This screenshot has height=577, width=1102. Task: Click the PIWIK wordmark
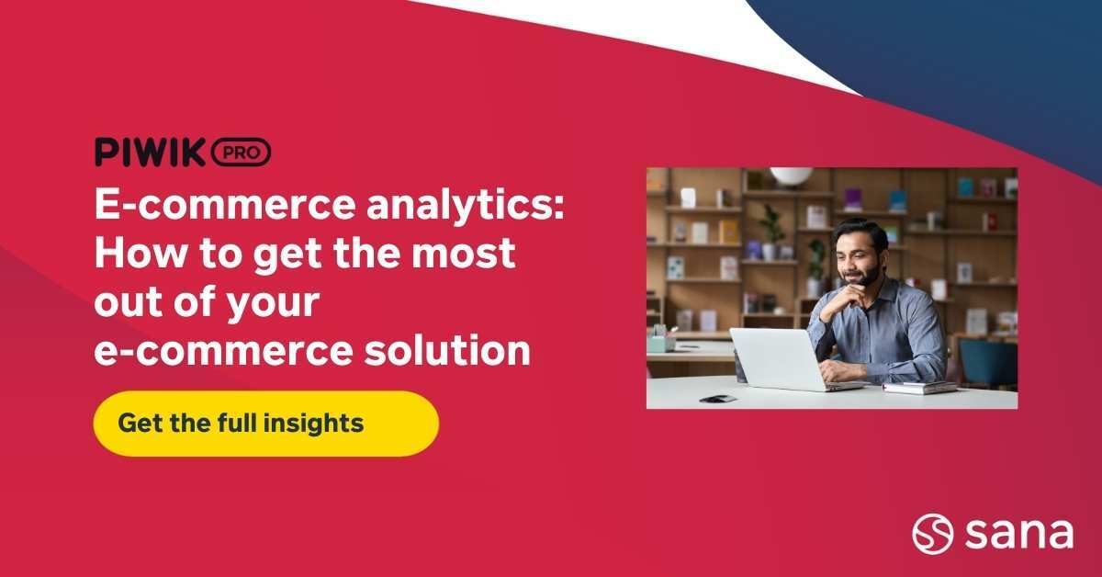(150, 153)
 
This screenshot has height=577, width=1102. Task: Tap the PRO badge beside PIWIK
(241, 153)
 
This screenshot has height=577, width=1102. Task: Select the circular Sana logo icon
(932, 533)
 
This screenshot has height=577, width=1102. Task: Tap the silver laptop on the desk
(772, 358)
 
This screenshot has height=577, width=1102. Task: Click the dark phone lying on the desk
(717, 399)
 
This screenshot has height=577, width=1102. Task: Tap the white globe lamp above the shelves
(791, 175)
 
